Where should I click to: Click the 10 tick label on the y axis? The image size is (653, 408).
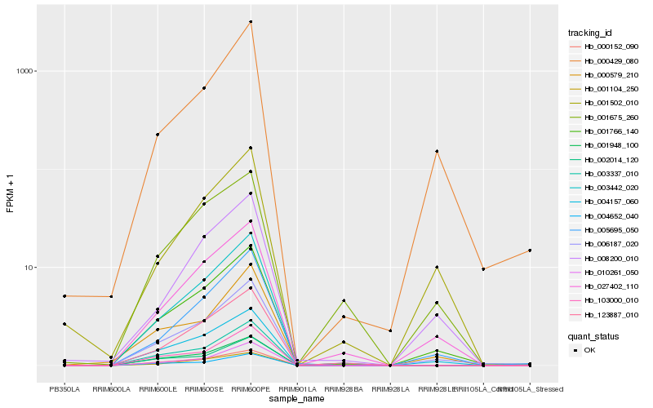coord(31,268)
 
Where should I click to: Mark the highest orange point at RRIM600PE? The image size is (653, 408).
coord(251,22)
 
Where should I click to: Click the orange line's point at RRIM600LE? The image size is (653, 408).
coord(158,135)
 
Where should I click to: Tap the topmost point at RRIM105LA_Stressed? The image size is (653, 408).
coord(530,251)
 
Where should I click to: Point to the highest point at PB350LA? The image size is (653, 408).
coord(64,295)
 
